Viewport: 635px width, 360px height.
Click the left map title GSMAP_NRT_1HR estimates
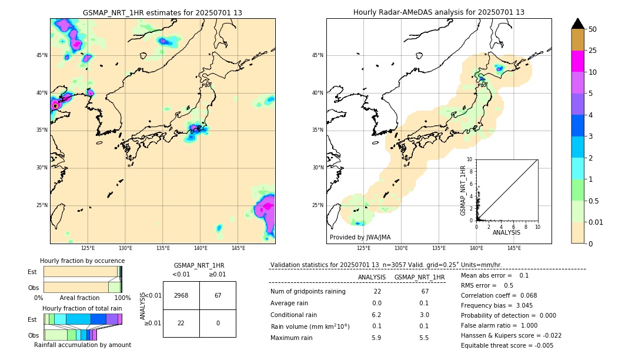point(162,12)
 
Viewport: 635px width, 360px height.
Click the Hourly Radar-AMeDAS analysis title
point(439,12)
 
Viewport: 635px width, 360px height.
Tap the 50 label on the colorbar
point(593,29)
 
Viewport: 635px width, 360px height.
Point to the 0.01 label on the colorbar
point(596,222)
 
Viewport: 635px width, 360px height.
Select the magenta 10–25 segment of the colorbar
point(577,61)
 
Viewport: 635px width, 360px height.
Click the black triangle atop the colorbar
point(577,24)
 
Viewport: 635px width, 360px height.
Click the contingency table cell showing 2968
point(181,295)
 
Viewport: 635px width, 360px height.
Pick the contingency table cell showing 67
point(218,295)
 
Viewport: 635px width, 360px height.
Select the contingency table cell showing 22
point(181,323)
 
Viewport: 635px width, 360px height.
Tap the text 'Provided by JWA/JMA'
point(360,237)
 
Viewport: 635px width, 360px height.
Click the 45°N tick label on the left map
point(42,55)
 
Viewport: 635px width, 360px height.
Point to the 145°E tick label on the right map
point(514,248)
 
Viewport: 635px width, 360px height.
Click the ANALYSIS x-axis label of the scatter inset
point(506,232)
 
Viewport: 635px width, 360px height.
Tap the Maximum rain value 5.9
point(376,338)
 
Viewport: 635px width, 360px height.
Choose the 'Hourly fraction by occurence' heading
point(82,261)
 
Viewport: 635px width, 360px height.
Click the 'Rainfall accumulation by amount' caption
point(82,345)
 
